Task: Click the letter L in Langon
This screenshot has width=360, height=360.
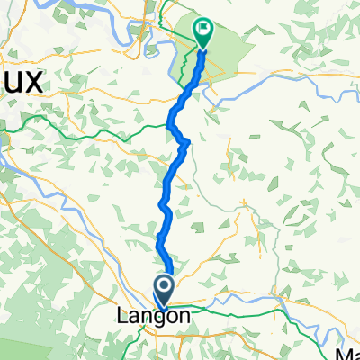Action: (122, 316)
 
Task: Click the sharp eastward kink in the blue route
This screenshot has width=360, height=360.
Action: (185, 142)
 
